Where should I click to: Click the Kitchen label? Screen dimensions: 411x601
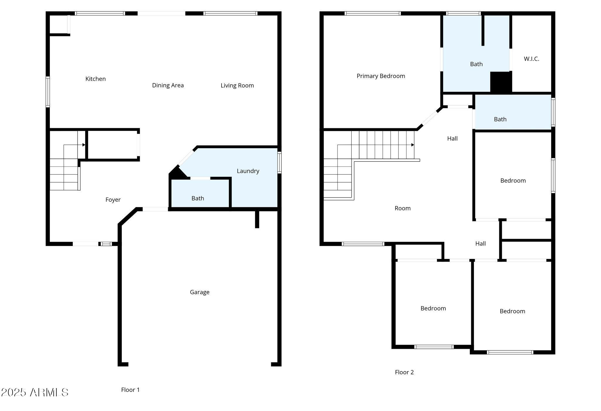[x=95, y=79]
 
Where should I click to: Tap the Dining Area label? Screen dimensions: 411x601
[x=168, y=85]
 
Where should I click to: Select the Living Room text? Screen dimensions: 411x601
[x=237, y=85]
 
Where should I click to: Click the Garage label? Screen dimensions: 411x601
[x=200, y=292]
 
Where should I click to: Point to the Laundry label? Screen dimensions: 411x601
[x=248, y=171]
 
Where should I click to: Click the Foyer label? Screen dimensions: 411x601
[x=113, y=200]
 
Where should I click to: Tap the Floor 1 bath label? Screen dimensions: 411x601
[x=197, y=198]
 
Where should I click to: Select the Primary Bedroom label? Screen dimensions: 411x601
[x=381, y=76]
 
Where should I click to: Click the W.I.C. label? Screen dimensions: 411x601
[x=531, y=59]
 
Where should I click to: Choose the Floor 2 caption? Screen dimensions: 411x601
[x=404, y=372]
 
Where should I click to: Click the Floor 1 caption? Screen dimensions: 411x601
[x=130, y=390]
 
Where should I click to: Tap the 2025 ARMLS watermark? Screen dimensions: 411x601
[x=35, y=392]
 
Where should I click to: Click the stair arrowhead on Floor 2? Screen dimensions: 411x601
[x=413, y=145]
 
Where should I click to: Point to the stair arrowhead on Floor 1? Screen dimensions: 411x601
[x=84, y=145]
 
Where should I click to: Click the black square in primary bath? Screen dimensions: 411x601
[x=501, y=82]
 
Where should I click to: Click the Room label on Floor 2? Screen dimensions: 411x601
[x=402, y=208]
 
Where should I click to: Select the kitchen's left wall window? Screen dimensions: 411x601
[x=48, y=92]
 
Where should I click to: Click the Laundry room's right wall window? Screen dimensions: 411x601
[x=279, y=162]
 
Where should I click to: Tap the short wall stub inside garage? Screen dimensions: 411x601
[x=257, y=219]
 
